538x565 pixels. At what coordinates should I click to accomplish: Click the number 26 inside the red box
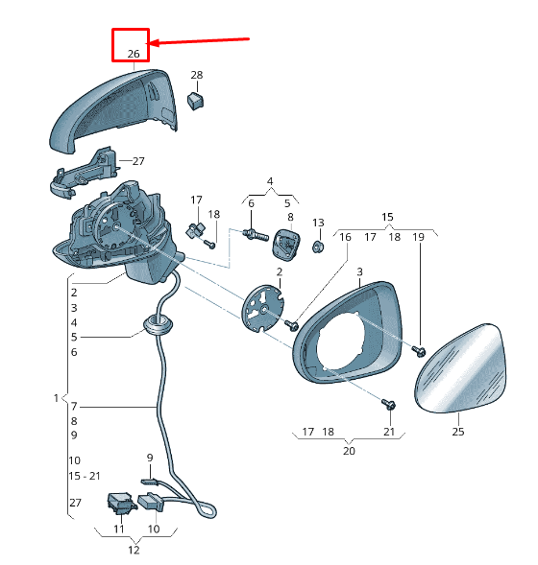134,54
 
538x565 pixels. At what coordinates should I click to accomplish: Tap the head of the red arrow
151,43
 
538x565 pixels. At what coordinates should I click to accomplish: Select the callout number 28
196,75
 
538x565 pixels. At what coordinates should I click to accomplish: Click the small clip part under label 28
195,101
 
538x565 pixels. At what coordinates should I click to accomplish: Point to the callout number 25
458,432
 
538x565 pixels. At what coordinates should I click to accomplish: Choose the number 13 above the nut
318,223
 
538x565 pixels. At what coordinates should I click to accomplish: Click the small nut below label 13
318,247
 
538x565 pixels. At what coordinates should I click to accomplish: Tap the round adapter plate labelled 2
262,308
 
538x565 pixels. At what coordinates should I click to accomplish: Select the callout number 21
389,432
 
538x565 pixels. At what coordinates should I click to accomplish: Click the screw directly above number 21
389,404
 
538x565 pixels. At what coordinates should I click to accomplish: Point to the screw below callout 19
419,350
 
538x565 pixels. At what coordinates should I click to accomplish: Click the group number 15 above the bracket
387,217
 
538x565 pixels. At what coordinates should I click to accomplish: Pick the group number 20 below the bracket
349,451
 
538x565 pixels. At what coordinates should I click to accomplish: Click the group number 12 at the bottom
134,551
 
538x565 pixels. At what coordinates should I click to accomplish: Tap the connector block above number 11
122,503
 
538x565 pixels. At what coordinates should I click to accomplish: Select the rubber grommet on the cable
158,324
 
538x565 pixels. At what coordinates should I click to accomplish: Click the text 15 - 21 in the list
85,476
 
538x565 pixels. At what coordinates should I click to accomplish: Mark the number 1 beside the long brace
56,398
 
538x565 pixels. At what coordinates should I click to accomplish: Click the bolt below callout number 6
256,235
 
